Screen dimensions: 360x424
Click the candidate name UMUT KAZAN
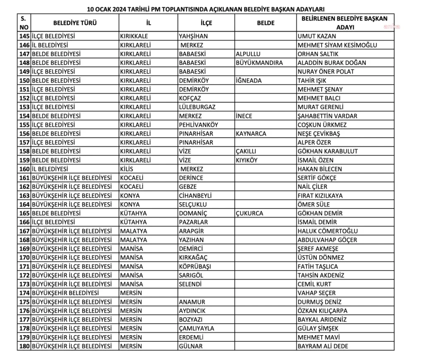[x=317, y=36]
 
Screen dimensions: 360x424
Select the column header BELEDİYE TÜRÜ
[x=75, y=23]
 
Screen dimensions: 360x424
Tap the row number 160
[x=24, y=169]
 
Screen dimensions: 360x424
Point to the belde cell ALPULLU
[x=248, y=54]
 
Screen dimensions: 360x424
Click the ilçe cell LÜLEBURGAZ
[x=197, y=107]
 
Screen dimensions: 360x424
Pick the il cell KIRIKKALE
[x=134, y=36]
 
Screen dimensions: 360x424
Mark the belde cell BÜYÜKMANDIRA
[x=259, y=63]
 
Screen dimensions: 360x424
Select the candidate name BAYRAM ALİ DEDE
[x=323, y=346]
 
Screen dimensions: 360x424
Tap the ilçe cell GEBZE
[x=188, y=187]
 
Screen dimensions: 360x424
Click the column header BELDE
[x=265, y=23]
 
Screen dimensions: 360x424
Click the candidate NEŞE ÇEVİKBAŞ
[x=319, y=134]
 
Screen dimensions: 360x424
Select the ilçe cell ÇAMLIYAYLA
[x=197, y=328]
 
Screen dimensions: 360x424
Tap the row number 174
[x=24, y=293]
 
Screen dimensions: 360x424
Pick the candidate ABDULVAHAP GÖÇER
[x=327, y=240]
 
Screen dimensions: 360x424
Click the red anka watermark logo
[x=392, y=27]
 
